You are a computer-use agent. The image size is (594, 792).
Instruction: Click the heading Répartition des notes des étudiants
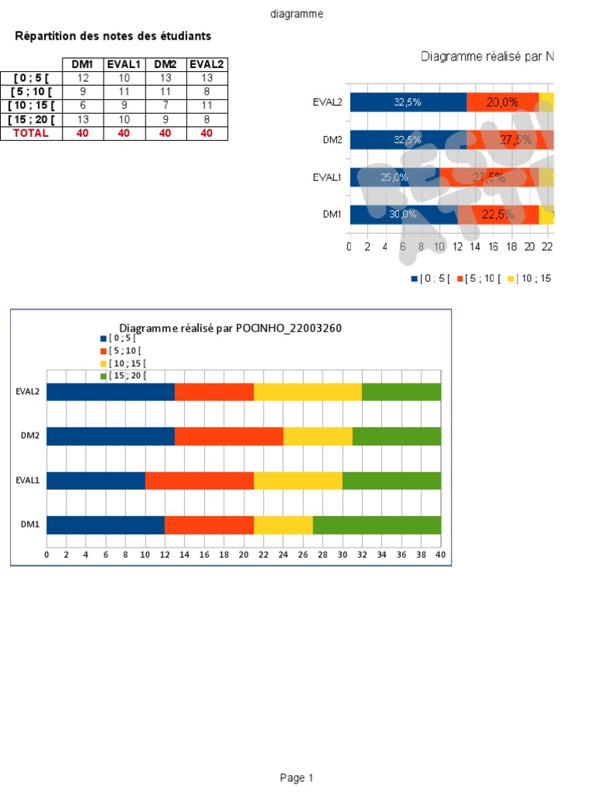tap(113, 36)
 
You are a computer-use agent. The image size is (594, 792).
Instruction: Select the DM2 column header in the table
tap(166, 64)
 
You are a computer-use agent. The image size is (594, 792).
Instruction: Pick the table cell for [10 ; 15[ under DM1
tap(83, 105)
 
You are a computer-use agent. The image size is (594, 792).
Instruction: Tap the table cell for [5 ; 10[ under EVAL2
tap(207, 91)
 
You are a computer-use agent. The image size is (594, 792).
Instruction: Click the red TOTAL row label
tap(31, 133)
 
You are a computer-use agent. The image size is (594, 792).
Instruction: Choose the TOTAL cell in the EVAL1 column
tap(124, 133)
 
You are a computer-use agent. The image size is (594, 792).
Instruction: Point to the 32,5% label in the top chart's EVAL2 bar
tap(408, 102)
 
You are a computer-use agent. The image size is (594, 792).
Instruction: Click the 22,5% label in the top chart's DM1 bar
tap(498, 215)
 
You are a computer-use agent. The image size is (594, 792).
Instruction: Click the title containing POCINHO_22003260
tap(230, 328)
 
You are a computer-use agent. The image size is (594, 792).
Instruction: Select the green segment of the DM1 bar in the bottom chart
tap(377, 525)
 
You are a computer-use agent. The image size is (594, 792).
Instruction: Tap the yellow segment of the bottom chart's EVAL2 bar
tap(308, 391)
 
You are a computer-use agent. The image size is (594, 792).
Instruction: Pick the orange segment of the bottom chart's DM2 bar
tap(229, 436)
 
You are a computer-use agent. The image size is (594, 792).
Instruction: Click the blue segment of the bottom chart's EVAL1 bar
tap(96, 480)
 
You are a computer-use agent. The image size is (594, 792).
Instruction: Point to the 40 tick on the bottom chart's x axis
tap(440, 555)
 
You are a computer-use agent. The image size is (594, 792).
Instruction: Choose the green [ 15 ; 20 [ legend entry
tap(124, 376)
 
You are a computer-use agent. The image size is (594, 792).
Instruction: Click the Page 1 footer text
tap(297, 778)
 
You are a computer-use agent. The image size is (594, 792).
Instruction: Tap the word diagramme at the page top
tap(297, 14)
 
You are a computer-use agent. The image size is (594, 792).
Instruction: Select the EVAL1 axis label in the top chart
tap(326, 177)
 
